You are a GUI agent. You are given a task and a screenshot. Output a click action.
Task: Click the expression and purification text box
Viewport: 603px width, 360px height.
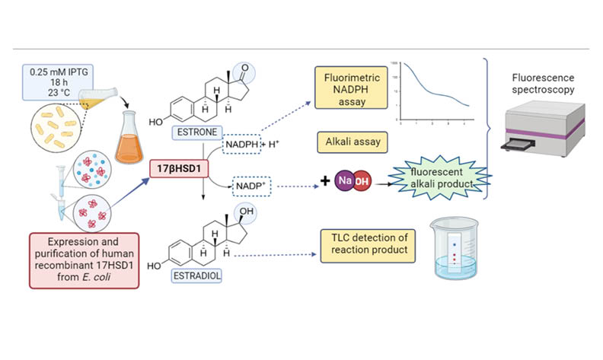pyautogui.click(x=85, y=261)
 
